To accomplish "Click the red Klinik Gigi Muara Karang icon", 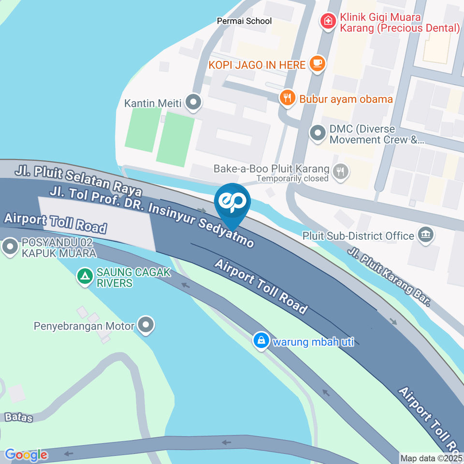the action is click(328, 21).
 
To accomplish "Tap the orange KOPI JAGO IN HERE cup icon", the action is click(317, 64).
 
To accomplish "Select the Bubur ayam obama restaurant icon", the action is click(287, 98).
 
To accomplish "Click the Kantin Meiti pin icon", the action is click(194, 102).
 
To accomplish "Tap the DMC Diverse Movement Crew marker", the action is click(318, 133).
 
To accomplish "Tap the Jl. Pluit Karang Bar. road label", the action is click(389, 276).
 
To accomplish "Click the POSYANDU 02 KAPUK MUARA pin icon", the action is click(10, 247).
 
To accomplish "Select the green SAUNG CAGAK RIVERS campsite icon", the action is click(85, 276).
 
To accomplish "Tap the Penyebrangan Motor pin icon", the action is click(145, 325).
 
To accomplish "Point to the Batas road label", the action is click(19, 417).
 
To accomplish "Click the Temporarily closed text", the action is click(292, 178).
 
